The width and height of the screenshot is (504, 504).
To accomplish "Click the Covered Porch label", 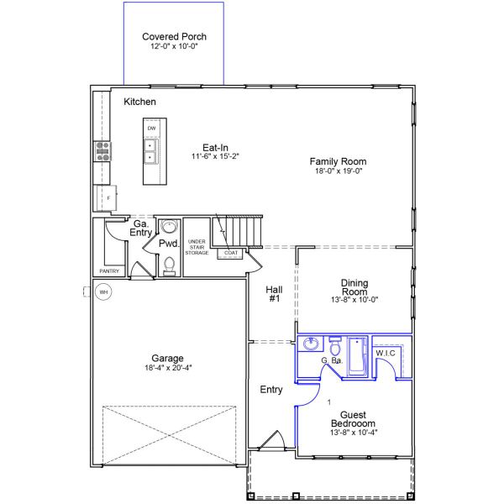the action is pos(174,37).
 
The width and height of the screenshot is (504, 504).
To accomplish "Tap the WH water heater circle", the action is pos(103,291).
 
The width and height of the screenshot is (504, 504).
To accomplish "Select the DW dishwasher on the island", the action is pos(151,129).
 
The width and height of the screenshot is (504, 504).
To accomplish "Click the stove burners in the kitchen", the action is pos(102,151).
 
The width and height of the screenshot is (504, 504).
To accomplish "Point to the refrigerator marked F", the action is pos(107,198).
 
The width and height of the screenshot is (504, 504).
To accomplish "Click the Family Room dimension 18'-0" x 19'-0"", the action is pos(339,171).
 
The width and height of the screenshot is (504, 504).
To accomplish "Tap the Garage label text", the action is pos(167,358).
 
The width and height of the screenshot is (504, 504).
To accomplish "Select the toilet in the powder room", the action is pos(169,266).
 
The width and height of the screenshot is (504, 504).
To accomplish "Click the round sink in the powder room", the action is pos(169,226).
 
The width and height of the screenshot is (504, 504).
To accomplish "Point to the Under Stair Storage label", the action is pos(197,247).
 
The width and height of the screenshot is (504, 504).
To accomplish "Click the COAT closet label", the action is pos(231,253).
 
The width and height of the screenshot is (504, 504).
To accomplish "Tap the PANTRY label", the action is pos(109,271).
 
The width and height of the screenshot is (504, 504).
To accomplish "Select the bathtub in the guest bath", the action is pos(358,356).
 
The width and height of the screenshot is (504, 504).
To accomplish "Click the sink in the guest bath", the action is pos(311,344).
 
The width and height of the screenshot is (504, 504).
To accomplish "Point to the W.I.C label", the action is pos(386,354).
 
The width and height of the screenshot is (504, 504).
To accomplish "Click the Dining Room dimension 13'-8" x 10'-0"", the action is pos(354,300).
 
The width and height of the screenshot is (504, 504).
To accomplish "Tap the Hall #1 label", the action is pos(274,294).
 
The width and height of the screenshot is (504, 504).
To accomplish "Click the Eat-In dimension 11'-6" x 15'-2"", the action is pos(215,156).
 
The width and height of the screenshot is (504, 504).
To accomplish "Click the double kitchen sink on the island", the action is pos(150,151).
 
